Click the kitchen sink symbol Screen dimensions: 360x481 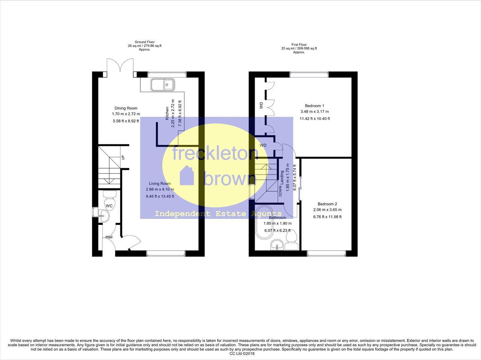[x=162, y=85]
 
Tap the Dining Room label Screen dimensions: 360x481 [x=126, y=108]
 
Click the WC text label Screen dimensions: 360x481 [x=109, y=206]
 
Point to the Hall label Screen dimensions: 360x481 [x=109, y=237]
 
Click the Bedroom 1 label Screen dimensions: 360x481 [x=314, y=106]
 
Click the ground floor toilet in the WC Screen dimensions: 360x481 [x=109, y=196]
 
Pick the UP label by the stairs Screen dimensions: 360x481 [x=123, y=158]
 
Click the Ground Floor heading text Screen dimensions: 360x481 [x=145, y=42]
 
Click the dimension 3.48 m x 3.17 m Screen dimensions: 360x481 [x=314, y=111]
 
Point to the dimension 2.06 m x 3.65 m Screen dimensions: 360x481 [x=327, y=210]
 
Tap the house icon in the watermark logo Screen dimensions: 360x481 [x=186, y=176]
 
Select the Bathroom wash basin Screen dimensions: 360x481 [x=277, y=245]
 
